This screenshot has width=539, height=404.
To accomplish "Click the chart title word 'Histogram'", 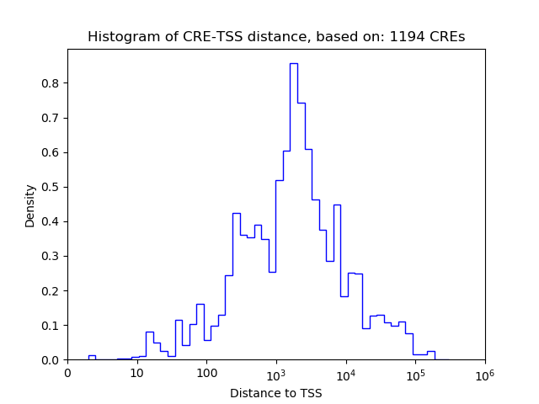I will (x=119, y=37).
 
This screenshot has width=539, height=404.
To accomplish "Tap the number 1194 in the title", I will (x=408, y=37).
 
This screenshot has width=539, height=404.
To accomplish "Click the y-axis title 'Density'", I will (x=30, y=205).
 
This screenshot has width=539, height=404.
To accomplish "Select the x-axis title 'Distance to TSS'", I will (x=276, y=392).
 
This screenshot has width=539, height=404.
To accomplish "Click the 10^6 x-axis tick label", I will (x=485, y=372).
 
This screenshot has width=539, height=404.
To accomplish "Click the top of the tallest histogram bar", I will (x=294, y=64).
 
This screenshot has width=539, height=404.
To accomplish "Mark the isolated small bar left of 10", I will (x=92, y=357).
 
